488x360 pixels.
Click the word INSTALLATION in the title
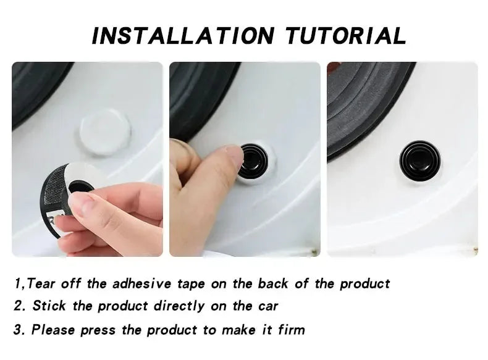tap(183, 36)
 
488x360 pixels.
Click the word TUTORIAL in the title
tap(345, 36)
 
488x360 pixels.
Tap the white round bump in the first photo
tap(104, 132)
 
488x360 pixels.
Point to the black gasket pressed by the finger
tap(256, 162)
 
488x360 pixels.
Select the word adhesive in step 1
tap(142, 283)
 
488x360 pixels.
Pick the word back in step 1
tap(273, 283)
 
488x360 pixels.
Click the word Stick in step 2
tap(49, 306)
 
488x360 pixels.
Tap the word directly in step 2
tap(180, 306)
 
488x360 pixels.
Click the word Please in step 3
tap(53, 330)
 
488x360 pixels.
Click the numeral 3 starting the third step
tap(17, 330)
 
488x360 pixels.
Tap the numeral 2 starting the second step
tap(18, 306)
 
